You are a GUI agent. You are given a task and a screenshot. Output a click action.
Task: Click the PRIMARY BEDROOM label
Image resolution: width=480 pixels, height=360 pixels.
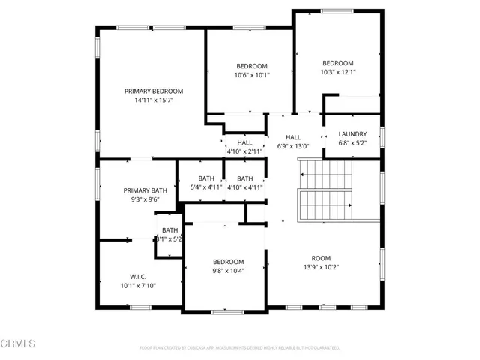154,91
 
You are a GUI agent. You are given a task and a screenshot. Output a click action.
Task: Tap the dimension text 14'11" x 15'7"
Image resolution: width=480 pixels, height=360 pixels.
154,100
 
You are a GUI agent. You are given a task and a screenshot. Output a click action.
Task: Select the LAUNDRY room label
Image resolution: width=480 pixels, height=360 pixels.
352,134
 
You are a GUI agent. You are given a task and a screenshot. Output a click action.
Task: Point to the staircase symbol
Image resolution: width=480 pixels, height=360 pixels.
325,190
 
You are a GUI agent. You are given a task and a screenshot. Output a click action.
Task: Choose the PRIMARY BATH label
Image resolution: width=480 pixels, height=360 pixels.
145,190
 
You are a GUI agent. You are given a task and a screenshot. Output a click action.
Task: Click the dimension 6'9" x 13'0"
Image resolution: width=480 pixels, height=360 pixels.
292,146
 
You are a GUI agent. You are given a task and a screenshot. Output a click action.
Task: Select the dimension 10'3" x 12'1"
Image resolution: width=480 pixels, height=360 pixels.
338,72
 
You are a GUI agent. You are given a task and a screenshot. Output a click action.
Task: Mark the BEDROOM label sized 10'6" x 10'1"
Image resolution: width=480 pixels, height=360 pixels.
251,66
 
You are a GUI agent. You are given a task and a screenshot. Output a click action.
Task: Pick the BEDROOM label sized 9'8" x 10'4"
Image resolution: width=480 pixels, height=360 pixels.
227,262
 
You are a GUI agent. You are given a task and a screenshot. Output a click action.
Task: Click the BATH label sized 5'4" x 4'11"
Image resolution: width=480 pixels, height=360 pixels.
206,178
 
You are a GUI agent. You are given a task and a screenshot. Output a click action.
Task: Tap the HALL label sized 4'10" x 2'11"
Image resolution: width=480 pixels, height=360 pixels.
244,142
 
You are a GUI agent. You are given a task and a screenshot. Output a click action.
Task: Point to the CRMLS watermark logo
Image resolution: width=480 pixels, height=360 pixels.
18,344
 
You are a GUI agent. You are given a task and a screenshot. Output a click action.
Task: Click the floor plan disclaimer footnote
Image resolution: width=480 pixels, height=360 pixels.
240,348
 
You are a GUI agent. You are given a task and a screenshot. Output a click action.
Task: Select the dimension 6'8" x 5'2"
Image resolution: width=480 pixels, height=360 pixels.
352,142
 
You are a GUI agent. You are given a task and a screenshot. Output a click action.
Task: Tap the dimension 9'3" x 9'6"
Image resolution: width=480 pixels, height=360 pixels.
145,200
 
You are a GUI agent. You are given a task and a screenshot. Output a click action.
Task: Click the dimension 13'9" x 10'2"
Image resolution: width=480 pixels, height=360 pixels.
321,266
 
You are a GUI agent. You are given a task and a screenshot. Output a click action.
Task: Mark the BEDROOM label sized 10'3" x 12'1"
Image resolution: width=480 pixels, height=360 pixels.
338,63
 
